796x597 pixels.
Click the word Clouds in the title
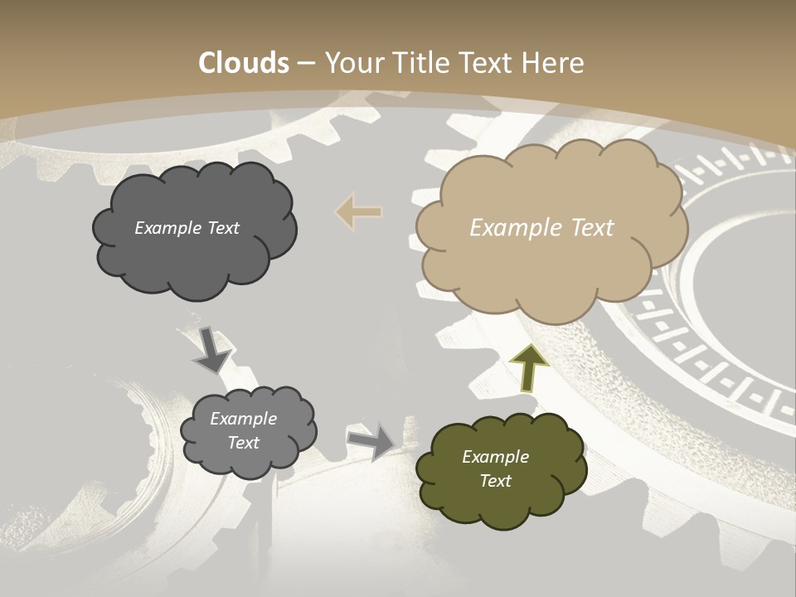[245, 63]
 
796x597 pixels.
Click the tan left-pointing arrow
[359, 212]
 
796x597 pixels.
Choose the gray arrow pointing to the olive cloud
[371, 440]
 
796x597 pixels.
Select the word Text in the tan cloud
[592, 228]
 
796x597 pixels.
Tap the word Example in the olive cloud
[495, 457]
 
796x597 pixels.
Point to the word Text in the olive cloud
[495, 481]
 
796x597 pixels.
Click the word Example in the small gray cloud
[244, 419]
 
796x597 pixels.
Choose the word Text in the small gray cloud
[244, 443]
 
